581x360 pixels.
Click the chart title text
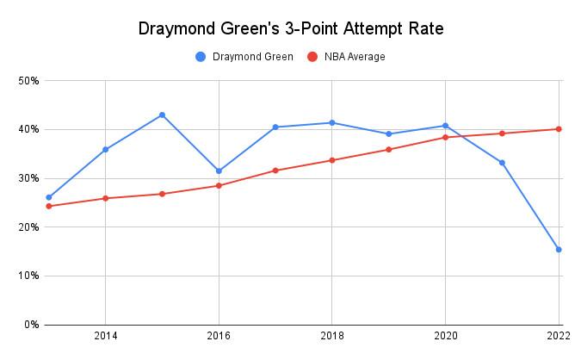pyautogui.click(x=290, y=29)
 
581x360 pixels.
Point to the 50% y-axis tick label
pyautogui.click(x=29, y=81)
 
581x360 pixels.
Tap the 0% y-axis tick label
pyautogui.click(x=32, y=325)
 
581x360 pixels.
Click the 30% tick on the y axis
pyautogui.click(x=29, y=178)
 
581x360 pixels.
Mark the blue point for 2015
pyautogui.click(x=162, y=115)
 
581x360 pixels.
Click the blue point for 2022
pyautogui.click(x=559, y=250)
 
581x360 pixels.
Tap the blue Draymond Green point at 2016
pyautogui.click(x=219, y=171)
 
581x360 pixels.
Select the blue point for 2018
pyautogui.click(x=332, y=122)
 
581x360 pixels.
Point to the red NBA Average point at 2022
pyautogui.click(x=559, y=129)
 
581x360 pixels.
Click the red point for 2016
pyautogui.click(x=219, y=185)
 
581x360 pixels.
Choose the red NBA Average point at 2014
pyautogui.click(x=105, y=198)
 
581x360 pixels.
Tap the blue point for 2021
pyautogui.click(x=502, y=163)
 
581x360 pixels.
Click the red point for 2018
pyautogui.click(x=332, y=160)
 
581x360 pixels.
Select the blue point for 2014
pyautogui.click(x=105, y=149)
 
